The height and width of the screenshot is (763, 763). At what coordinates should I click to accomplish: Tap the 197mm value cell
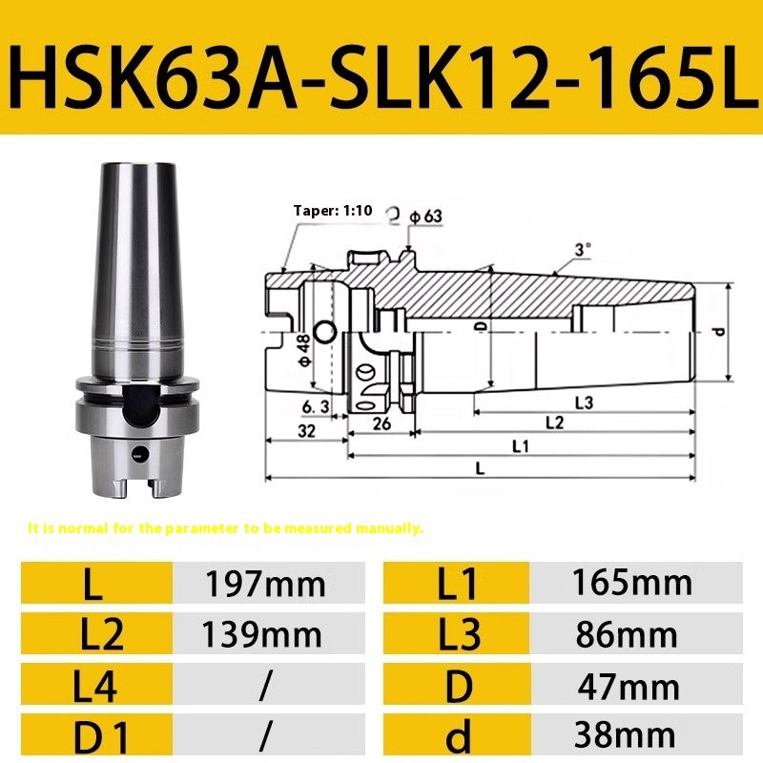pyautogui.click(x=265, y=583)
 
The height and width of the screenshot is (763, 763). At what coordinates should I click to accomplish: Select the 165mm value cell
pyautogui.click(x=635, y=583)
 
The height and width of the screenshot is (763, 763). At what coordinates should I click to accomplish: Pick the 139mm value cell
pyautogui.click(x=265, y=634)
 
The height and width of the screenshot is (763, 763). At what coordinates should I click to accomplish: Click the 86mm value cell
pyautogui.click(x=635, y=634)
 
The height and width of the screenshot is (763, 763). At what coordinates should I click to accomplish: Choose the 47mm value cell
pyautogui.click(x=635, y=686)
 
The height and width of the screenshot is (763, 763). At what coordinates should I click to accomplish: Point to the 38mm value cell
pyautogui.click(x=635, y=735)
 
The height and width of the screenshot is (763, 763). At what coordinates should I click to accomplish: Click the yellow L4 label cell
pyautogui.click(x=95, y=686)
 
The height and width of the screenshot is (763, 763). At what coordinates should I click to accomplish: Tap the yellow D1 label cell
pyautogui.click(x=95, y=735)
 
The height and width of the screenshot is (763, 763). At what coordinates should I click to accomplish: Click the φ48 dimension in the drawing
pyautogui.click(x=301, y=347)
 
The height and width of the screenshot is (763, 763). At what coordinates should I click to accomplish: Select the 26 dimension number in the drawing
pyautogui.click(x=381, y=422)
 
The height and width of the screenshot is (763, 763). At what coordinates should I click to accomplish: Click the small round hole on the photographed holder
pyautogui.click(x=140, y=453)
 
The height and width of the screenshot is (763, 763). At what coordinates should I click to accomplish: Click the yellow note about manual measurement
pyautogui.click(x=225, y=527)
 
